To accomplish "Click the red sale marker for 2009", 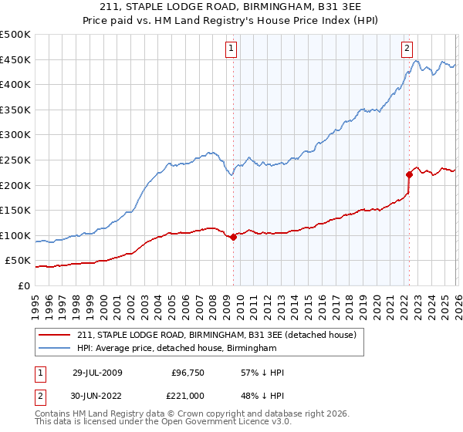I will (x=233, y=237).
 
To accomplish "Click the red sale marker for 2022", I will (x=409, y=175).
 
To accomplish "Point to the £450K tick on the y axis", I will (x=15, y=59).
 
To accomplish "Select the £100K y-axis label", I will (x=15, y=235).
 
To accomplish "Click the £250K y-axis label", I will (x=15, y=160).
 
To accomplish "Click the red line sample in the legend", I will (x=55, y=335).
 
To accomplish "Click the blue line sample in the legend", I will (x=55, y=349).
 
